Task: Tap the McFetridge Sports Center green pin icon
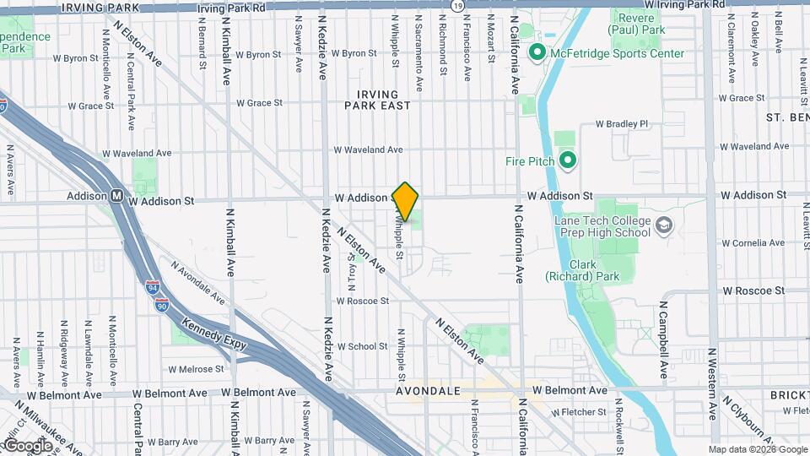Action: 536,53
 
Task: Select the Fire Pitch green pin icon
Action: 568,160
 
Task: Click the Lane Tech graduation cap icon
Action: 665,225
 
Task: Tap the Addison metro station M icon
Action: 118,197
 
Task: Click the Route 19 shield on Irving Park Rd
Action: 457,6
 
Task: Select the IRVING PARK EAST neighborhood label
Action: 377,100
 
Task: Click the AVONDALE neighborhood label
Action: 429,391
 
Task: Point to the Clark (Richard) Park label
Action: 582,270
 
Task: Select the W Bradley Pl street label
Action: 621,123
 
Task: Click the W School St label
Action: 362,346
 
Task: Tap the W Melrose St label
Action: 196,369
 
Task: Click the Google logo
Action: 28,445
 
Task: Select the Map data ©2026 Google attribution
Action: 758,449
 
